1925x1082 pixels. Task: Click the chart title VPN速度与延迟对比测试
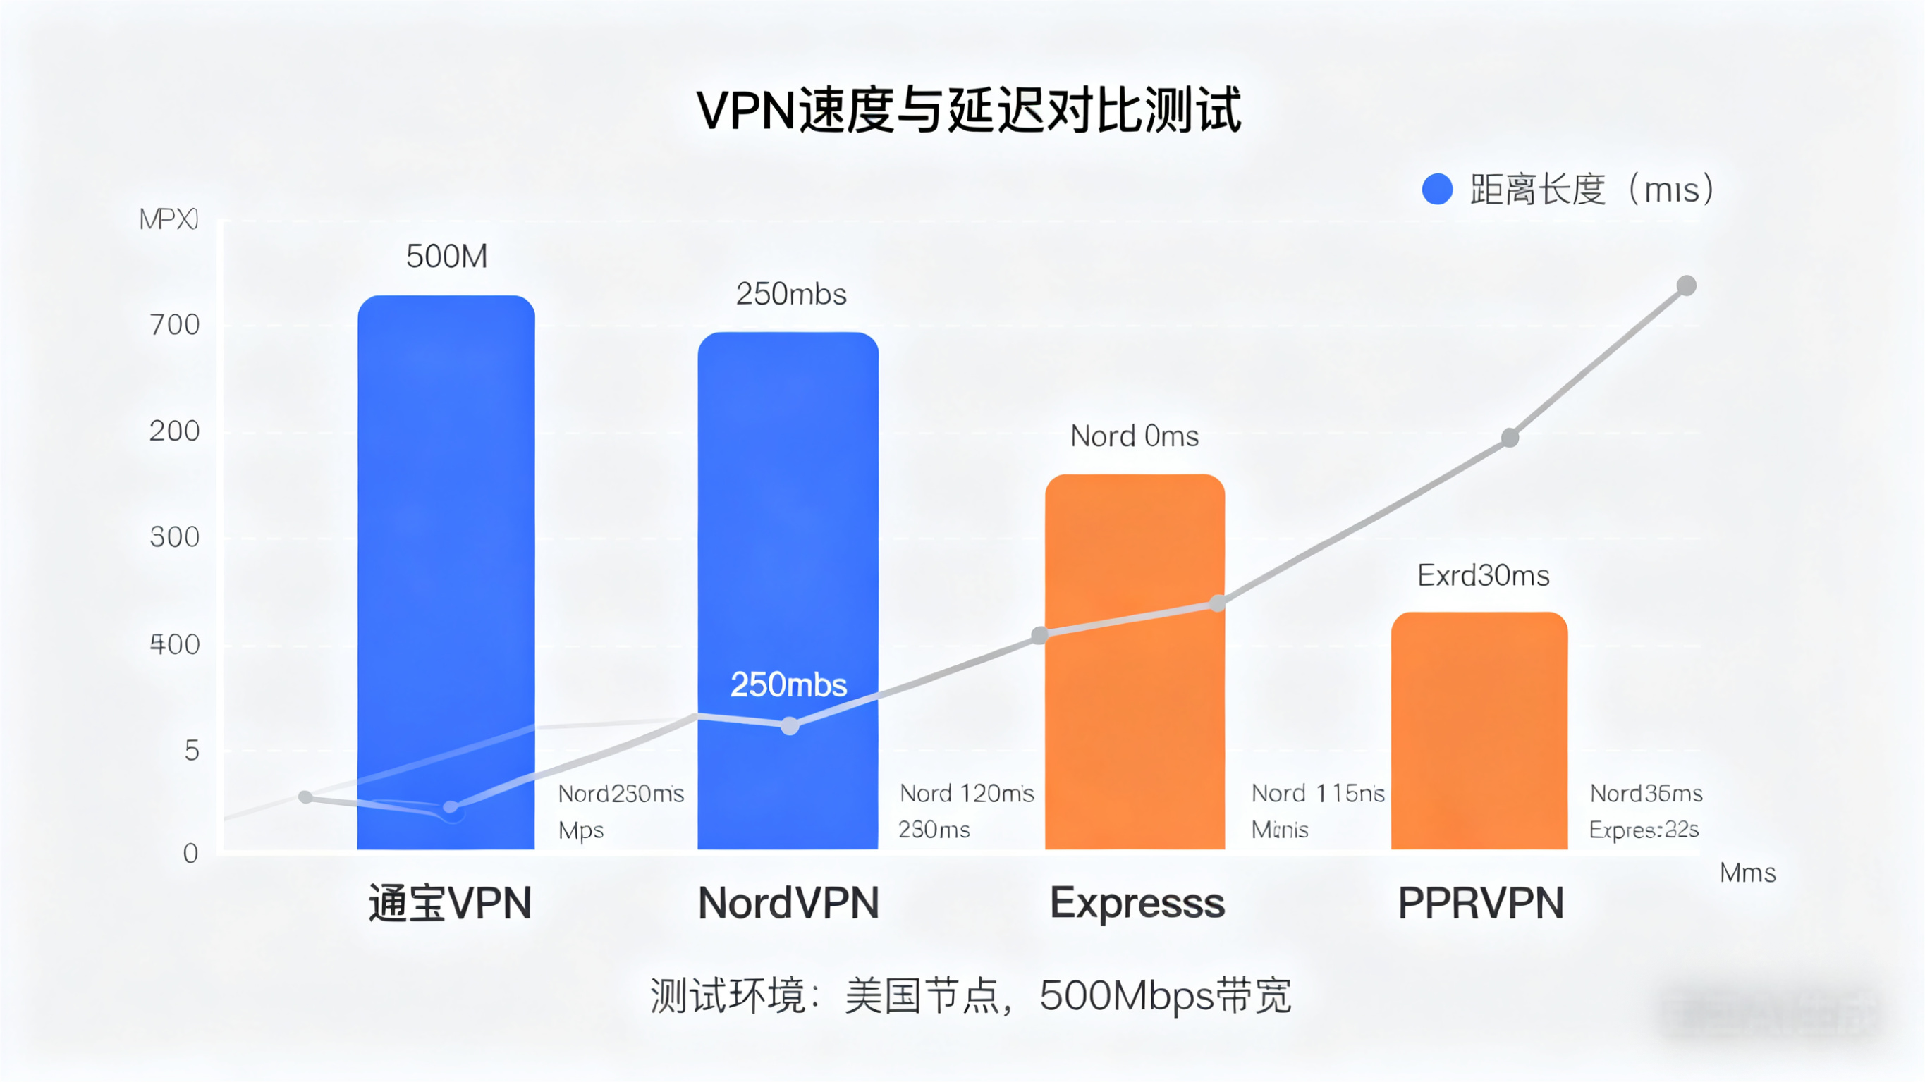pos(968,111)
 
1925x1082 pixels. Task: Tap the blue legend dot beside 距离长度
pos(1436,189)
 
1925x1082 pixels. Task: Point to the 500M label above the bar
pos(446,257)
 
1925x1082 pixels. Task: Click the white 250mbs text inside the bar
pos(788,684)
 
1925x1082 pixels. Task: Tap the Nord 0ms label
pos(1134,436)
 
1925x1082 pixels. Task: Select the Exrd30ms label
pos(1483,575)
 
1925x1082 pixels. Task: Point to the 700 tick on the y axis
pos(175,325)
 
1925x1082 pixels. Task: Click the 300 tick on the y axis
pos(175,537)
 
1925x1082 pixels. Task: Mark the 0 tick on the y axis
pos(190,854)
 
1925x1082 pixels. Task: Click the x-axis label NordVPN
pos(788,903)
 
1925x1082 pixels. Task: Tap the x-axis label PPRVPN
pos(1480,903)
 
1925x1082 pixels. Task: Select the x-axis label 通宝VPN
pos(450,903)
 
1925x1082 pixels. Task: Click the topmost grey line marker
pos(1686,285)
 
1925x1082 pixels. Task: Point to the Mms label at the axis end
pos(1747,873)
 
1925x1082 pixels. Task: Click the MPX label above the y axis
pos(169,219)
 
